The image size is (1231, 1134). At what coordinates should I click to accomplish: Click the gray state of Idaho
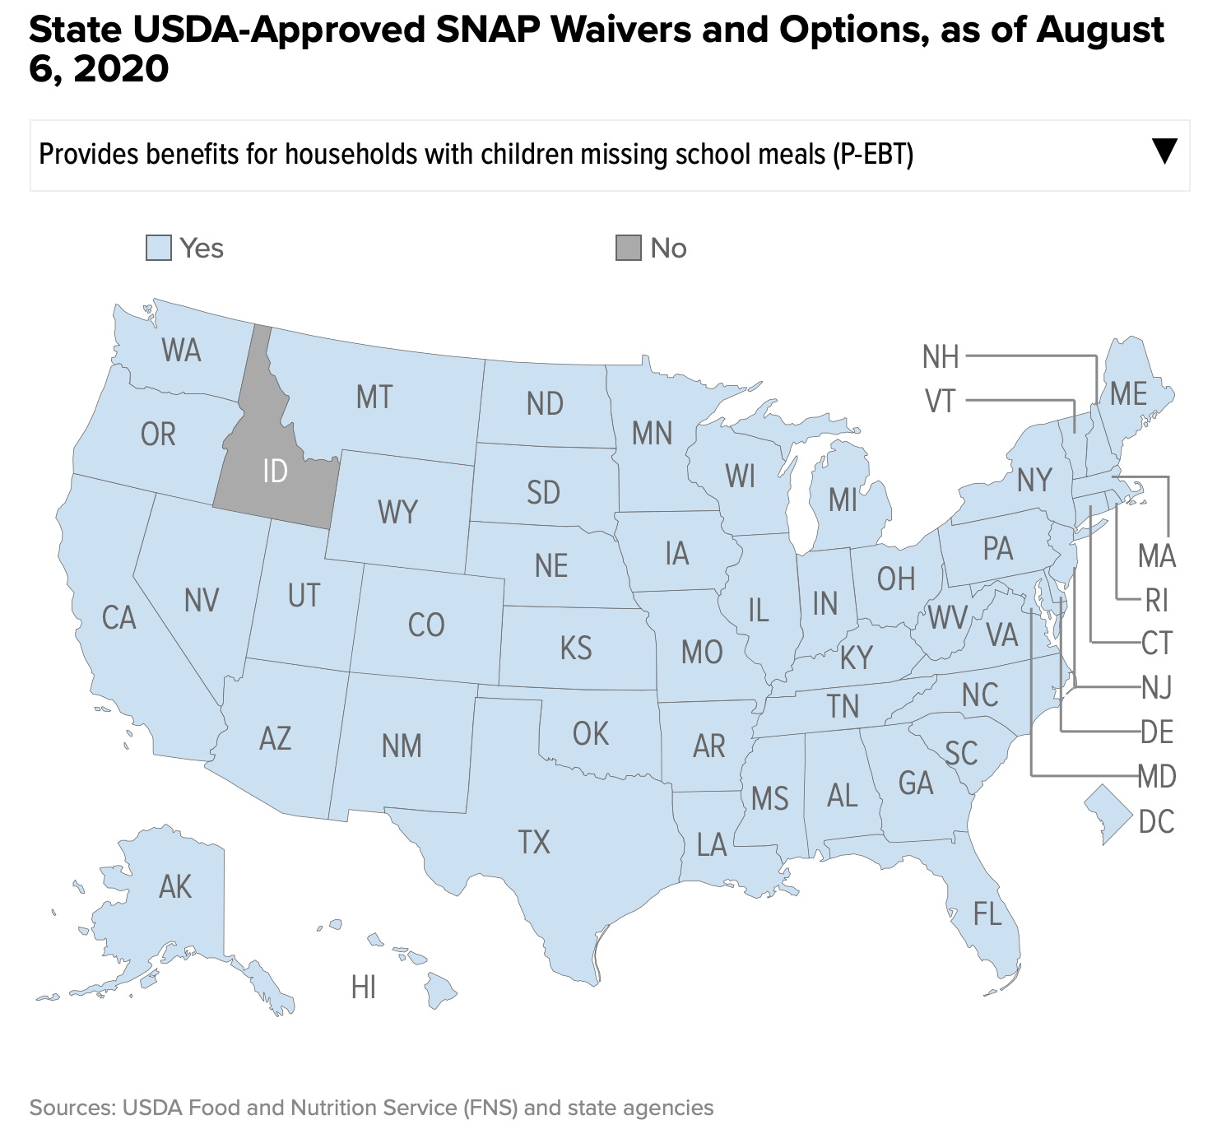[274, 472]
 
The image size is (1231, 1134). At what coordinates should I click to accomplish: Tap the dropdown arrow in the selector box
[1164, 151]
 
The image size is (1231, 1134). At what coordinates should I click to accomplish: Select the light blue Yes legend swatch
[159, 248]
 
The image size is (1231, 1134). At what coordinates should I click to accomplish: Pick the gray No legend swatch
[629, 248]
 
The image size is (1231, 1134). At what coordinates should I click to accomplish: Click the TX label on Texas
[534, 843]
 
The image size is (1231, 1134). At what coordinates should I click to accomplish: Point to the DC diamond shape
[1107, 813]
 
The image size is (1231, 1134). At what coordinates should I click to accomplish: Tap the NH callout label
[941, 357]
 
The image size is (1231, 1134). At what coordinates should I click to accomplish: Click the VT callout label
[941, 402]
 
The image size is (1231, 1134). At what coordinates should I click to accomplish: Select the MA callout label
[1157, 557]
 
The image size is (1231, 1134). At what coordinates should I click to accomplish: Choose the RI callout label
[1157, 602]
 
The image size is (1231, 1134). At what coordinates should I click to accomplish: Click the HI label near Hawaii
[364, 988]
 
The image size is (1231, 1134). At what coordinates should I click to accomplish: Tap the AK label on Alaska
[175, 887]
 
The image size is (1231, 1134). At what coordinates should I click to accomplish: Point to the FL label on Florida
[987, 913]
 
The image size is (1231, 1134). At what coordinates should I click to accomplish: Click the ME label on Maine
[1128, 394]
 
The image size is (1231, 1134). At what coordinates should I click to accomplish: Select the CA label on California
[118, 617]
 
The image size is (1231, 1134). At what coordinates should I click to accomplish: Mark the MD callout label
[1157, 776]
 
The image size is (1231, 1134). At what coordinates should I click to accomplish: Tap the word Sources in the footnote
[72, 1108]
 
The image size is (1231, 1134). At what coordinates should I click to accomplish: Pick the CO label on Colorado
[426, 625]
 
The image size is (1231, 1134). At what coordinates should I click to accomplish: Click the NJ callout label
[1157, 687]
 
